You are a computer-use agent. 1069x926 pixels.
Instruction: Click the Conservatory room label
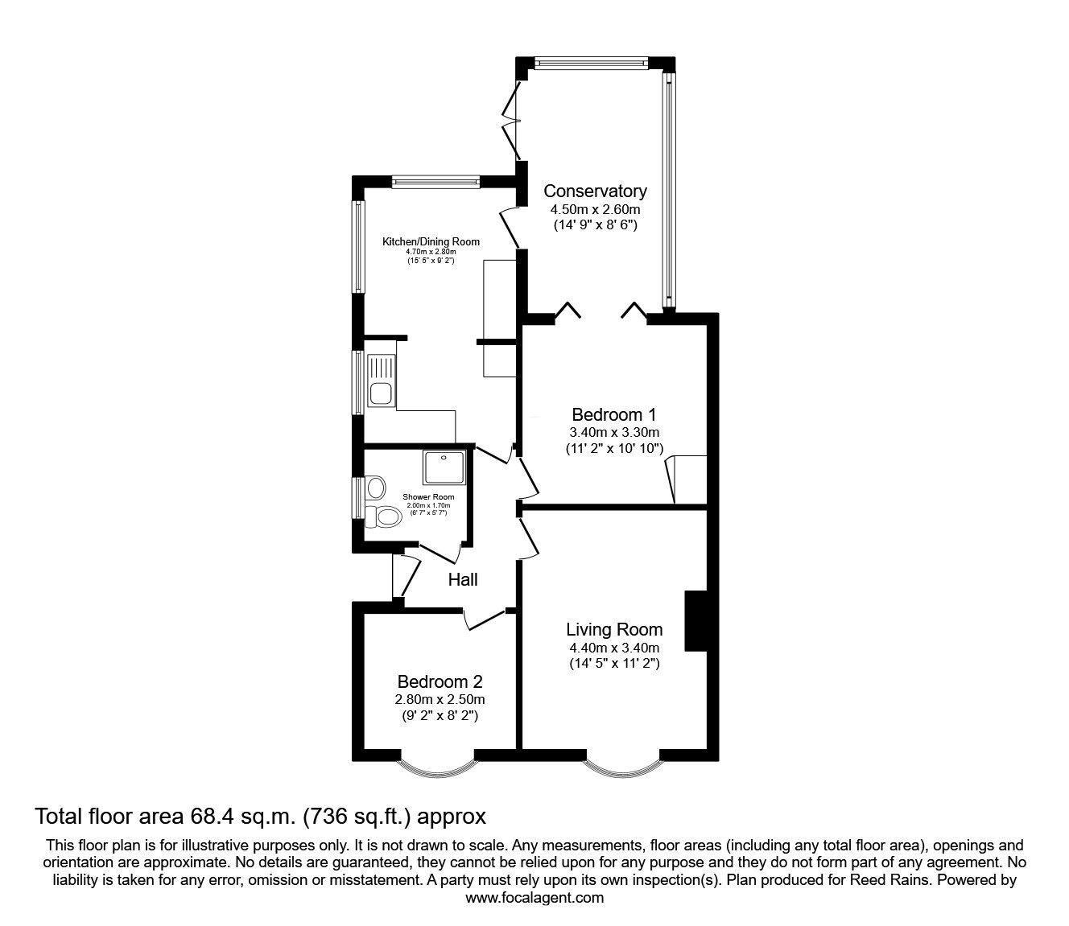pos(595,191)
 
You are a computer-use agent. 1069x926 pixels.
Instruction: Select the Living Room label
pos(613,630)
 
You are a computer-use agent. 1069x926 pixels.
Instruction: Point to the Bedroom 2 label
pos(439,681)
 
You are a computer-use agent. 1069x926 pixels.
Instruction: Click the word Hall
pos(463,579)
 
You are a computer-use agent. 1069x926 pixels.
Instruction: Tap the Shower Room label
pos(428,497)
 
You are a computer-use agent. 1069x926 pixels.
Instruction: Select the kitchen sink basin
pos(380,394)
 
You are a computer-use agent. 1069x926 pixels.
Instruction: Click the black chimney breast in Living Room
pos(695,621)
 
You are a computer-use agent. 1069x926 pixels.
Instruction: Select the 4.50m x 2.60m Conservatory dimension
pos(595,209)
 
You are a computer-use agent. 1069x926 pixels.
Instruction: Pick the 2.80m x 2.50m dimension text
pos(439,699)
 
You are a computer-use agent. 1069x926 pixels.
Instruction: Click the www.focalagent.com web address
pos(534,898)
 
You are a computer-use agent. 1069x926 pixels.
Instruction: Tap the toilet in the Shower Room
pos(386,517)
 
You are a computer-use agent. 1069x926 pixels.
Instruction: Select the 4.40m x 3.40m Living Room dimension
pos(613,648)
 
